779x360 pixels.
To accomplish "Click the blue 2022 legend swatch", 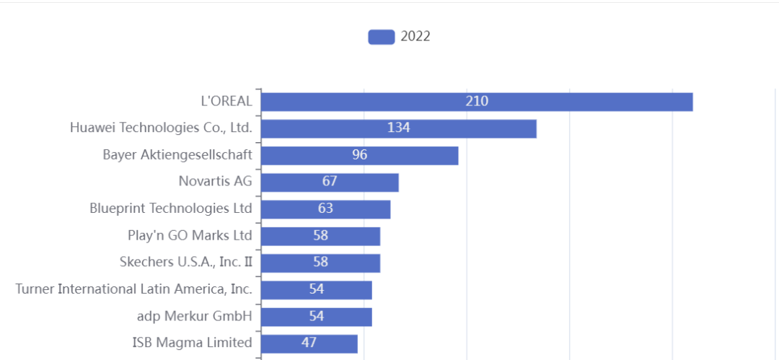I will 381,37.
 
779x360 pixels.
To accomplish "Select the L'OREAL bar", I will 577,102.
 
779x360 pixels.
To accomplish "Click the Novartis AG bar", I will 368,182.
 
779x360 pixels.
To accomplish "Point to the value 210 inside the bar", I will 477,101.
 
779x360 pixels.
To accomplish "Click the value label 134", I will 398,128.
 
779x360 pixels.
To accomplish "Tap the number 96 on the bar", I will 359,155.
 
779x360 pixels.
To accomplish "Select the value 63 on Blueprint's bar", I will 325,208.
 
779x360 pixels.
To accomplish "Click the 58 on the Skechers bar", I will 320,262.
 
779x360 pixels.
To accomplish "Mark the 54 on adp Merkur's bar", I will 316,316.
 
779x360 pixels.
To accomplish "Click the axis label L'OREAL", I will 226,101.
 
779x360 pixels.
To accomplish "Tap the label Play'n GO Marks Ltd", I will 190,235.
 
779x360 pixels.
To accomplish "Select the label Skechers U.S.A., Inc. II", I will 186,262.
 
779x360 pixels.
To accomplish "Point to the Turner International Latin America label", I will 133,289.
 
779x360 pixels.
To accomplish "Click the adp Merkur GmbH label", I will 195,316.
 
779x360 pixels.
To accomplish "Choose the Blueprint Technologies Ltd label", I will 171,208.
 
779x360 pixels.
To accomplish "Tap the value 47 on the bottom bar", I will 309,343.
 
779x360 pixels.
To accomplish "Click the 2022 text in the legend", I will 415,37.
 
